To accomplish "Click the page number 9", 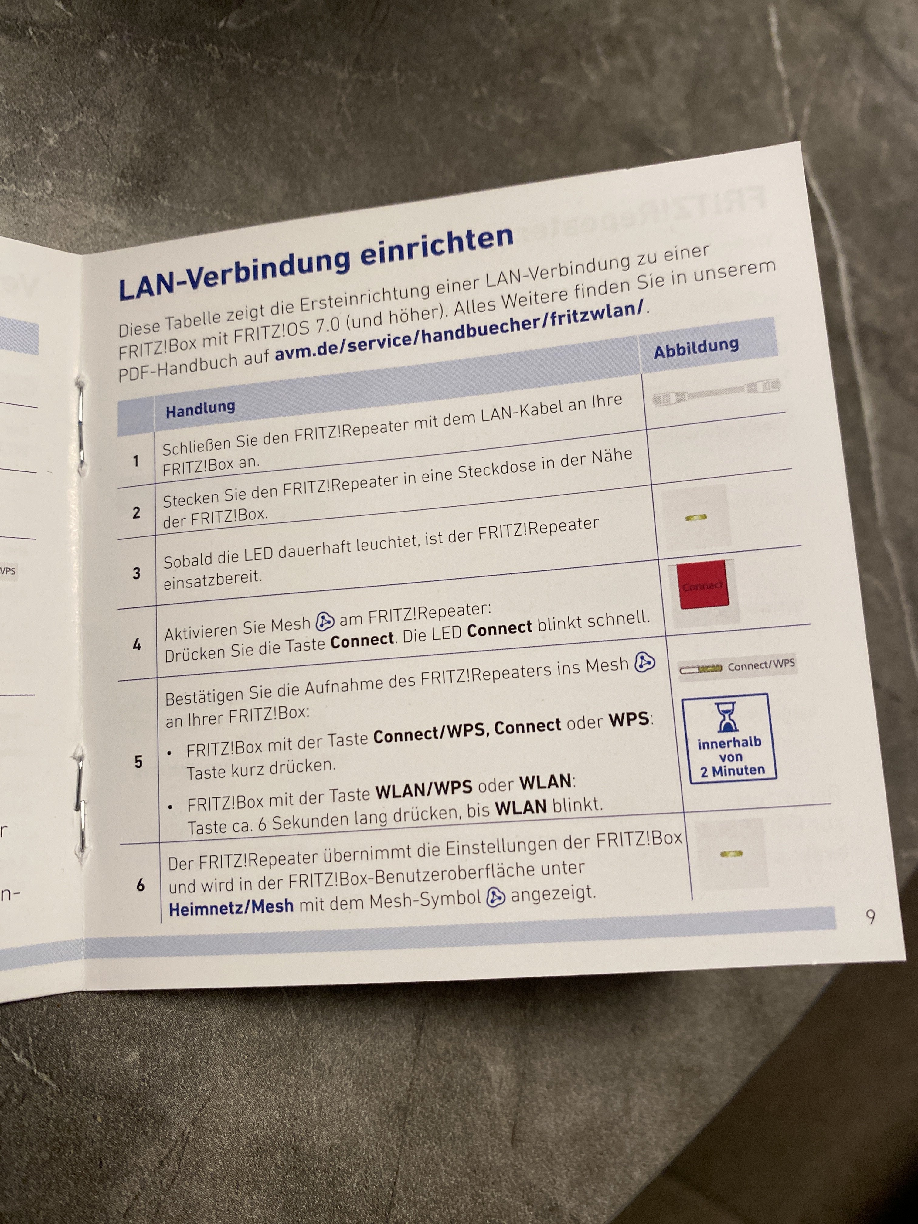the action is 870,917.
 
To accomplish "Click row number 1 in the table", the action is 136,461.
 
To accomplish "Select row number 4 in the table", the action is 137,644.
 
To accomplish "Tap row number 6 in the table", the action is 141,885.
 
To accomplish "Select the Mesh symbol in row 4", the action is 325,623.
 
